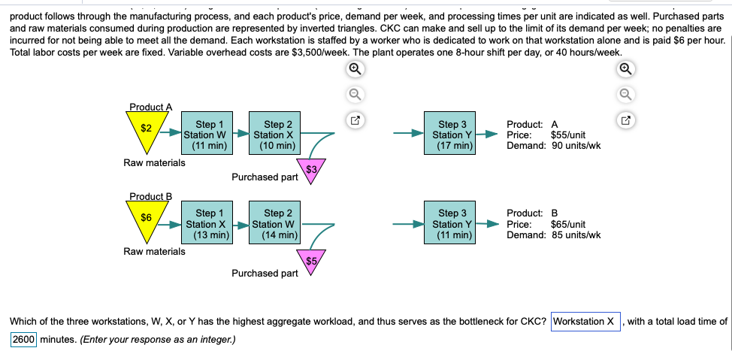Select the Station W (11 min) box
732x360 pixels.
pos(205,135)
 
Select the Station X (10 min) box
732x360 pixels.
pos(274,135)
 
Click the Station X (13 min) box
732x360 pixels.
pos(205,225)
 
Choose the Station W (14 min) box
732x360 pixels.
pos(274,225)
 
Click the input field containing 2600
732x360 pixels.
pos(24,339)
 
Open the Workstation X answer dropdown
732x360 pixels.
pos(585,322)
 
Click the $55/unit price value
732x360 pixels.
pos(568,135)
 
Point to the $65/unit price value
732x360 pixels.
pos(568,224)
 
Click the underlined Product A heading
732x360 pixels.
pos(150,107)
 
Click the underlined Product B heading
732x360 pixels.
pos(150,197)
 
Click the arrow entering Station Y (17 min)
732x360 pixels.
pos(411,135)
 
